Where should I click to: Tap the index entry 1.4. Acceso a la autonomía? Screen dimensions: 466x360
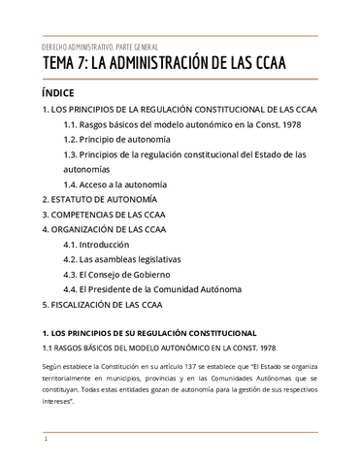[x=115, y=183]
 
